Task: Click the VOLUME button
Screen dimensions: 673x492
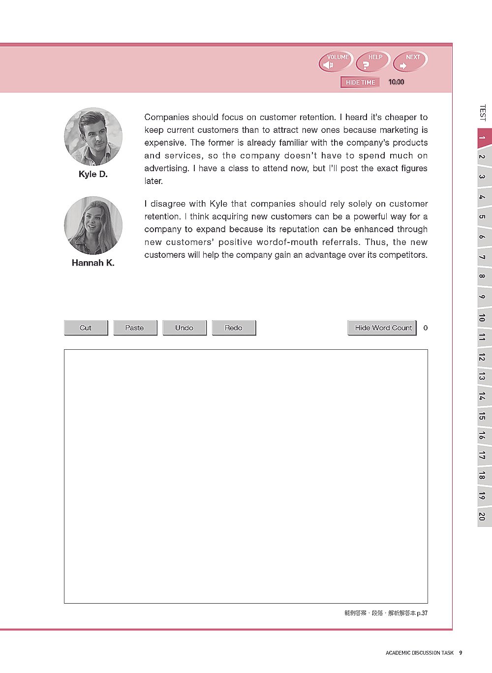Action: point(337,62)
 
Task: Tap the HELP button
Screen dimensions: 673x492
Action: point(373,62)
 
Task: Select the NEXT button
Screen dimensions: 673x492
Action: point(410,62)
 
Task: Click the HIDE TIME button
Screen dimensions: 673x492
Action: point(360,83)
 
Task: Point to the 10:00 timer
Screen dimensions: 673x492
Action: point(396,82)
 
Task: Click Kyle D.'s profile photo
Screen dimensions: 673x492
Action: point(93,137)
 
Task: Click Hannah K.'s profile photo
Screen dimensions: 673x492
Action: point(93,225)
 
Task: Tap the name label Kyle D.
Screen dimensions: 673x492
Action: point(93,174)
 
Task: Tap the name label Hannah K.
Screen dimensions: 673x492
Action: point(93,263)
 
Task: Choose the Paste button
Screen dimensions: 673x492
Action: point(135,328)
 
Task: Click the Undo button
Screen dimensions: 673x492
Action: point(184,328)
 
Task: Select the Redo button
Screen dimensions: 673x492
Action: point(234,328)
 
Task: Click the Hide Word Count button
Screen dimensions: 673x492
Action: point(382,328)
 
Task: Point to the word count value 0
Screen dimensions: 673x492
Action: point(426,328)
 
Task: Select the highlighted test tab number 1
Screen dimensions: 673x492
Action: point(483,138)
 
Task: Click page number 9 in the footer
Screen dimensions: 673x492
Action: point(461,653)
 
